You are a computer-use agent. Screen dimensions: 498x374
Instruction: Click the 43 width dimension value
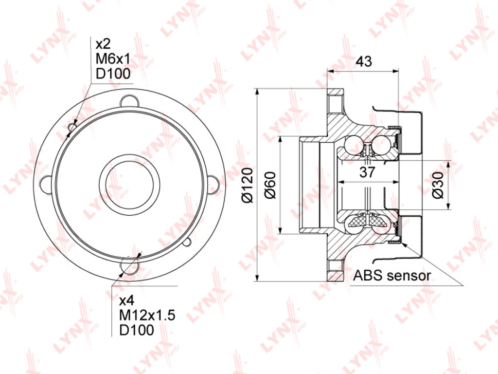[364, 61]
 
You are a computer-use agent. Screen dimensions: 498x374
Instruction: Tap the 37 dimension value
[368, 172]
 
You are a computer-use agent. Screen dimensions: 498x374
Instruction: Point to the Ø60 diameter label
[270, 185]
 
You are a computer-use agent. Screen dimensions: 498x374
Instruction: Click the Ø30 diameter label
[438, 185]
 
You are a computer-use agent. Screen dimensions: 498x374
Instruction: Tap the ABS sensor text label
[392, 276]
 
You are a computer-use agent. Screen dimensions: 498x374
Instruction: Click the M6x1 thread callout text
[113, 58]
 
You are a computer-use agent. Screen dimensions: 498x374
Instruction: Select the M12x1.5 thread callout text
[147, 315]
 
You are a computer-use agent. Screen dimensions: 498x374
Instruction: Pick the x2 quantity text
[103, 43]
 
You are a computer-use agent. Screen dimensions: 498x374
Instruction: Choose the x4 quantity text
[127, 300]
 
